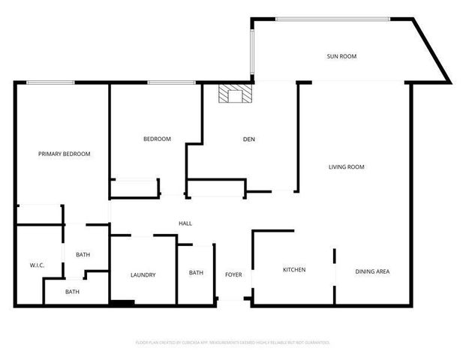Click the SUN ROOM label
click(x=341, y=56)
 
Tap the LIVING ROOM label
click(x=346, y=167)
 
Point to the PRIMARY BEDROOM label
click(x=65, y=154)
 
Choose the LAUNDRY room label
click(x=143, y=275)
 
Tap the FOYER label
click(x=233, y=275)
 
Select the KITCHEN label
click(x=293, y=270)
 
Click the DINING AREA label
click(x=372, y=271)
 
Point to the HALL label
click(x=185, y=223)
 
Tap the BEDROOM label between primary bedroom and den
click(x=158, y=139)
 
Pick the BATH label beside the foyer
click(x=196, y=273)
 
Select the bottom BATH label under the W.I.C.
click(x=72, y=292)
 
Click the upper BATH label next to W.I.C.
click(x=83, y=255)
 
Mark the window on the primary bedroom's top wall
click(x=50, y=82)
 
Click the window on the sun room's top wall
click(x=332, y=19)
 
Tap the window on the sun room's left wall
click(x=253, y=49)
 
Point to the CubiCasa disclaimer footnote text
click(x=233, y=342)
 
